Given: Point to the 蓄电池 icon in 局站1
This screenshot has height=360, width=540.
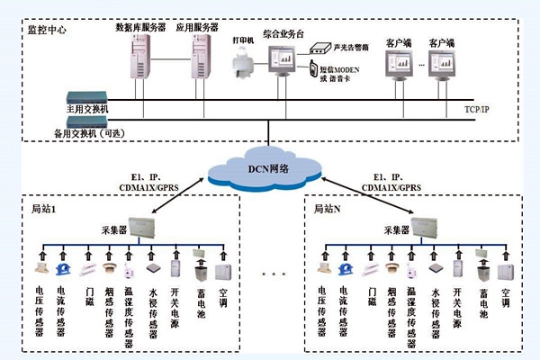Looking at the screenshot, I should click(200, 269).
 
